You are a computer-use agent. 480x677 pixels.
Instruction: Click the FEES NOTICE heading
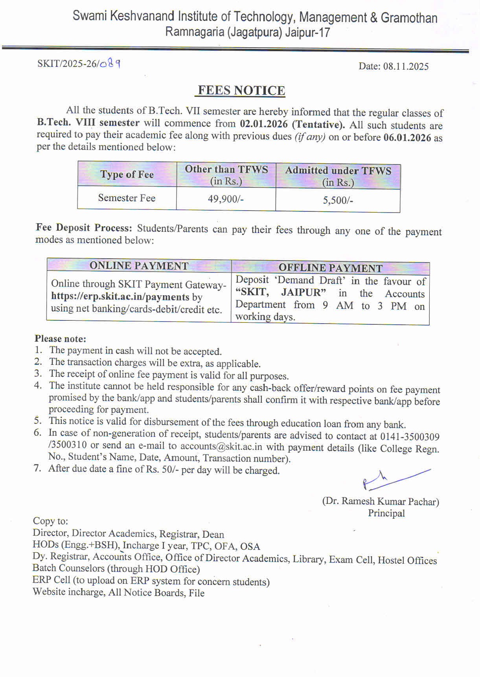pos(241,91)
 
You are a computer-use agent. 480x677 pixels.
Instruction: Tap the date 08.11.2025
pos(406,66)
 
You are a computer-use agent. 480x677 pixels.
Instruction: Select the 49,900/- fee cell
pos(226,199)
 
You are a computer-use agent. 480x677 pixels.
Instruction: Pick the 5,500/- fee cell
pos(338,200)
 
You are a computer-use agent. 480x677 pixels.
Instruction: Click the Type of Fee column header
pos(127,174)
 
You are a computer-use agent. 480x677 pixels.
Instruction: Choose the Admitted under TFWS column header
pos(338,176)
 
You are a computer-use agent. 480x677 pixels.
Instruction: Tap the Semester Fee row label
pos(127,198)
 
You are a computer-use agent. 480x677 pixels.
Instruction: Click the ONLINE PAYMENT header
pos(139,266)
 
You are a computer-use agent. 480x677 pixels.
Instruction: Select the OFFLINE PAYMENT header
pos(330,268)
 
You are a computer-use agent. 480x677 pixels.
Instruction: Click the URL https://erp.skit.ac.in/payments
pos(120,297)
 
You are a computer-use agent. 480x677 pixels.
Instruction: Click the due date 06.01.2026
pos(407,137)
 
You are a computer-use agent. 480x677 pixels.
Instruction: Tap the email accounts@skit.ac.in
pos(221,447)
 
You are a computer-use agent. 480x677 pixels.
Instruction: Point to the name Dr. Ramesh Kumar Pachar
pos(381,501)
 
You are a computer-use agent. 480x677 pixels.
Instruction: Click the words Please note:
pos(60,338)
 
